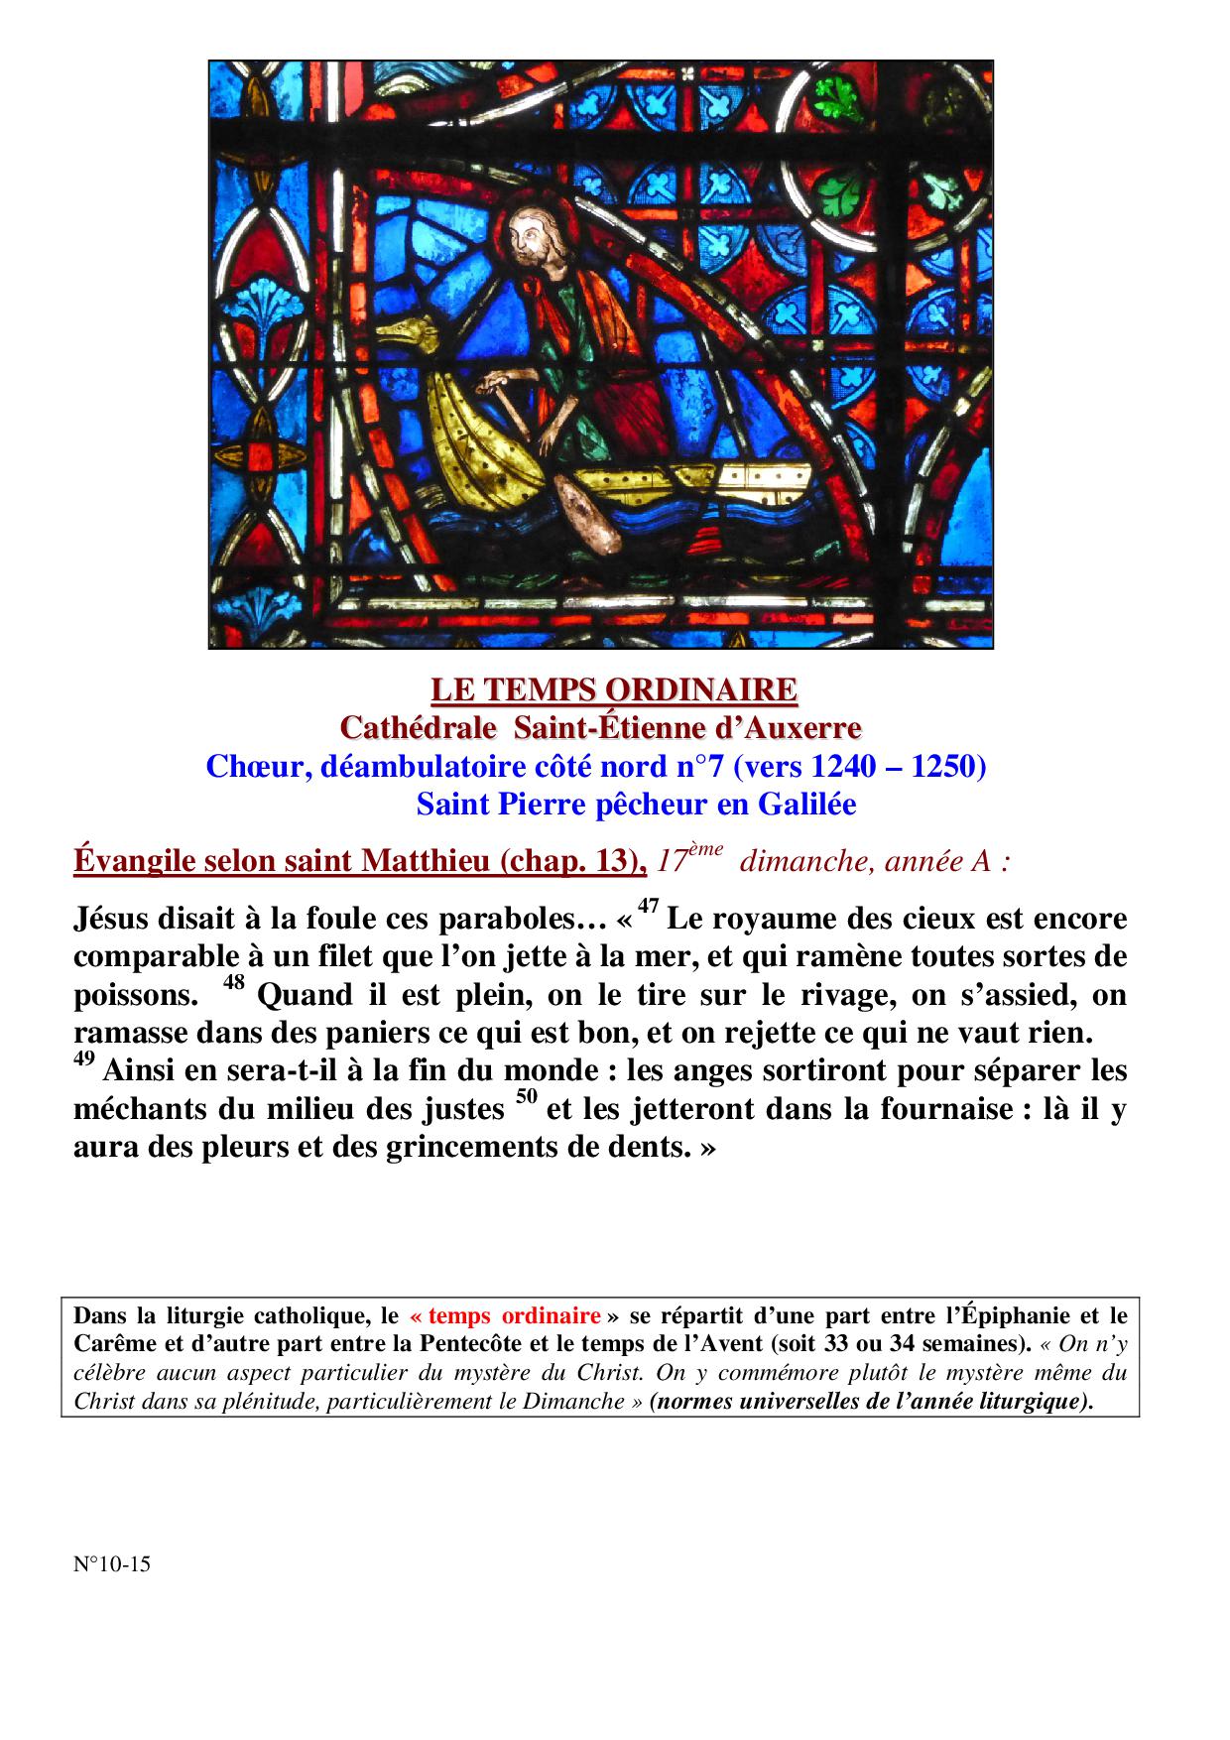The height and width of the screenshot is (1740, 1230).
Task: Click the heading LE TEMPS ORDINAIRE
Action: [x=614, y=688]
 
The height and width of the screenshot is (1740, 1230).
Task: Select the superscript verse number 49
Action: [x=84, y=1059]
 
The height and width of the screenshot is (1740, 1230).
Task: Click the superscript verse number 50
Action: [x=526, y=1097]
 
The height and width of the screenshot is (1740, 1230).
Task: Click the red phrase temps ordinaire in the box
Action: [x=506, y=1316]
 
